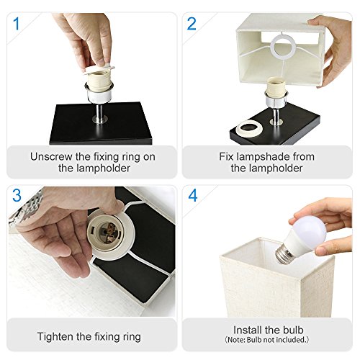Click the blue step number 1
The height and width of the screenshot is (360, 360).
click(x=17, y=24)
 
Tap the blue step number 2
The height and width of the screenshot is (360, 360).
click(x=192, y=24)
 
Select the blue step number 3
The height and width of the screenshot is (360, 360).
click(x=17, y=196)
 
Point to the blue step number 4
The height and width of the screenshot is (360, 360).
click(x=193, y=195)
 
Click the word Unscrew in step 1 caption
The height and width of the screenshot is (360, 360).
click(x=51, y=157)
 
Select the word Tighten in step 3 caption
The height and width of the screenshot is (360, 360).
click(x=55, y=337)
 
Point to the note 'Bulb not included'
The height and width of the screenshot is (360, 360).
click(x=267, y=340)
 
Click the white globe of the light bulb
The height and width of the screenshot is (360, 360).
click(x=310, y=228)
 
